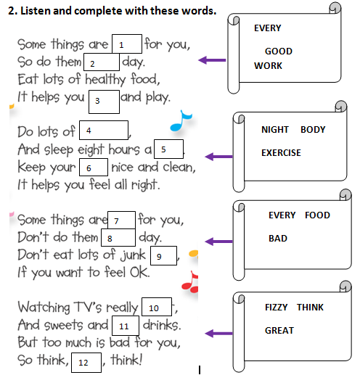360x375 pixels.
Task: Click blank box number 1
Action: tap(127, 44)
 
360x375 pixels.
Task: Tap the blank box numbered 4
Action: tap(104, 130)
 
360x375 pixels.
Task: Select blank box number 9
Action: tap(163, 255)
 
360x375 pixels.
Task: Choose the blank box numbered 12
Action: tap(86, 363)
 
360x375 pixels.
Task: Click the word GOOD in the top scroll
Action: tap(279, 51)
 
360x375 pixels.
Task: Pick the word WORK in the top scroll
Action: tap(268, 66)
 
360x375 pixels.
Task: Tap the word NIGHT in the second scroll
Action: tap(275, 130)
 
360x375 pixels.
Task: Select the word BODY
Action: tap(313, 130)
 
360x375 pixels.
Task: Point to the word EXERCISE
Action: tap(281, 153)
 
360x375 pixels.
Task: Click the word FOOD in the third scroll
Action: tap(317, 215)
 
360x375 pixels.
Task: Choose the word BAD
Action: tap(278, 239)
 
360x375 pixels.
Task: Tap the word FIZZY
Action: tap(277, 308)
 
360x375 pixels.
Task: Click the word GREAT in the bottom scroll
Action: tap(279, 331)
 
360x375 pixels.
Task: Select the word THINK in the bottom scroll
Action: tap(310, 308)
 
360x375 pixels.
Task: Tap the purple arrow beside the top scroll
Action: tap(212, 60)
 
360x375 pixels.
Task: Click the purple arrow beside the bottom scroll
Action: tap(218, 334)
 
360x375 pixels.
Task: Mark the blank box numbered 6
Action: tap(94, 167)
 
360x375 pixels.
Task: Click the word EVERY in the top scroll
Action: tap(268, 28)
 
